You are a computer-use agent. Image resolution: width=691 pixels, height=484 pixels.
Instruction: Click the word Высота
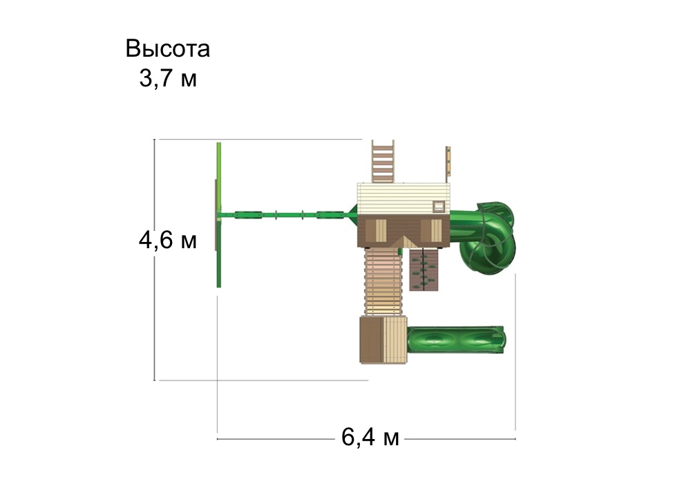coord(168,50)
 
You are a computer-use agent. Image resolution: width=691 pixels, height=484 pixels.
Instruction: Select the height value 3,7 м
coord(168,79)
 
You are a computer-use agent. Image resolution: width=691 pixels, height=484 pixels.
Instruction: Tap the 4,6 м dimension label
coord(168,241)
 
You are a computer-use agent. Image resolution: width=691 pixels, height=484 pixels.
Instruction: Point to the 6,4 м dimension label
coord(370,438)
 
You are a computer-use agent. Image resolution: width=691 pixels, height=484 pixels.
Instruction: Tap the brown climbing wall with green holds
coord(424,269)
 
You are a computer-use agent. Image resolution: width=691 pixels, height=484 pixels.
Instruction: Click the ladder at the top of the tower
coord(383,160)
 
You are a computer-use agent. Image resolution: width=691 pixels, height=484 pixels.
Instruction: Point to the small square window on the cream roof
coord(438,205)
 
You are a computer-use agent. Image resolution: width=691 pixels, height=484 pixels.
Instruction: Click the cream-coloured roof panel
coord(401,198)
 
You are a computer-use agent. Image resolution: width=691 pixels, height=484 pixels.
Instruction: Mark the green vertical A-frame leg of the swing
coord(219,214)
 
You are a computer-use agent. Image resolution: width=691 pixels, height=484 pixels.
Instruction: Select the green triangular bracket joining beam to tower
coord(352,216)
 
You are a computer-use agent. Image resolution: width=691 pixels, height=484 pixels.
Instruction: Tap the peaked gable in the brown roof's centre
coord(406,239)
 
